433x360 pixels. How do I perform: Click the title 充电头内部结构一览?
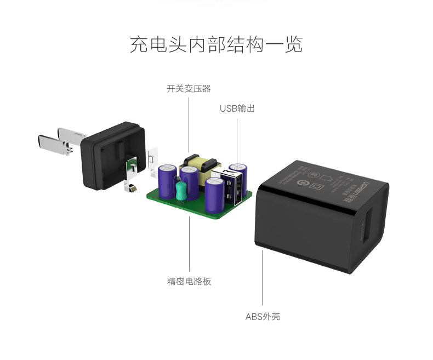click(x=216, y=44)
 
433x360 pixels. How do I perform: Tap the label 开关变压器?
click(x=189, y=88)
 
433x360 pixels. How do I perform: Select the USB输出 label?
click(x=237, y=108)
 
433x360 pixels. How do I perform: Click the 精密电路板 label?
click(x=189, y=282)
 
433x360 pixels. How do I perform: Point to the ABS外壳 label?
click(x=263, y=316)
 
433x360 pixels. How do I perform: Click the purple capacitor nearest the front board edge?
click(x=214, y=195)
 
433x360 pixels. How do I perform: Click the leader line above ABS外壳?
click(x=263, y=279)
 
